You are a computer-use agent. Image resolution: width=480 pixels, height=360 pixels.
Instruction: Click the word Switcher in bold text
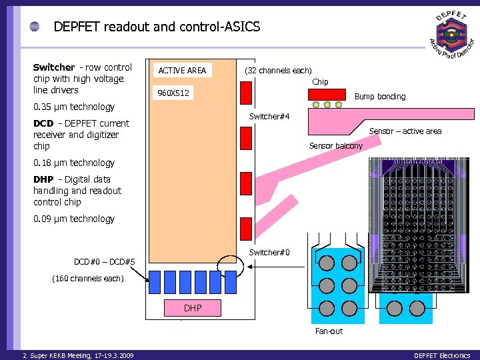point(54,67)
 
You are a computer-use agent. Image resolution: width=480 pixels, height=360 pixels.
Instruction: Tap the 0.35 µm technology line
point(73,107)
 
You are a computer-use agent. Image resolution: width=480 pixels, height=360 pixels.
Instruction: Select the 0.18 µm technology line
point(73,163)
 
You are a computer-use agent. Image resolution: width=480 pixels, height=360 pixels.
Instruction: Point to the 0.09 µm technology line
point(73,219)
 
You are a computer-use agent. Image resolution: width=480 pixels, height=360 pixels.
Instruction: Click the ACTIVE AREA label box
point(182,70)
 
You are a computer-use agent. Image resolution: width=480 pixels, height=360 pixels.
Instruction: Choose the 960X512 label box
point(173,93)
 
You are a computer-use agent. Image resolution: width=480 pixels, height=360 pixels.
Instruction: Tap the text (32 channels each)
point(278,71)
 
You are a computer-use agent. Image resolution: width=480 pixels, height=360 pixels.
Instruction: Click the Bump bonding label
point(379,97)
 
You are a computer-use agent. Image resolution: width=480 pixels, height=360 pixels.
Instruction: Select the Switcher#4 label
point(269,117)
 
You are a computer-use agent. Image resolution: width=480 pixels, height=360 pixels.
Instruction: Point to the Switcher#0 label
point(269,252)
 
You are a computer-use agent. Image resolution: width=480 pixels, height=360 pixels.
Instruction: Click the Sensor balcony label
point(335,146)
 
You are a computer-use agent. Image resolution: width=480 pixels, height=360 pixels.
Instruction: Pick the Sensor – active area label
point(405,131)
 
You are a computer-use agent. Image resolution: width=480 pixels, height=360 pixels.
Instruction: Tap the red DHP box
point(192,307)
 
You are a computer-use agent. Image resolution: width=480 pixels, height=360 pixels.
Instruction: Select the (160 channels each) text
point(88,278)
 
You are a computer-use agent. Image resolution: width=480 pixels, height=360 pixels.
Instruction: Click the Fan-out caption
point(329,331)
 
